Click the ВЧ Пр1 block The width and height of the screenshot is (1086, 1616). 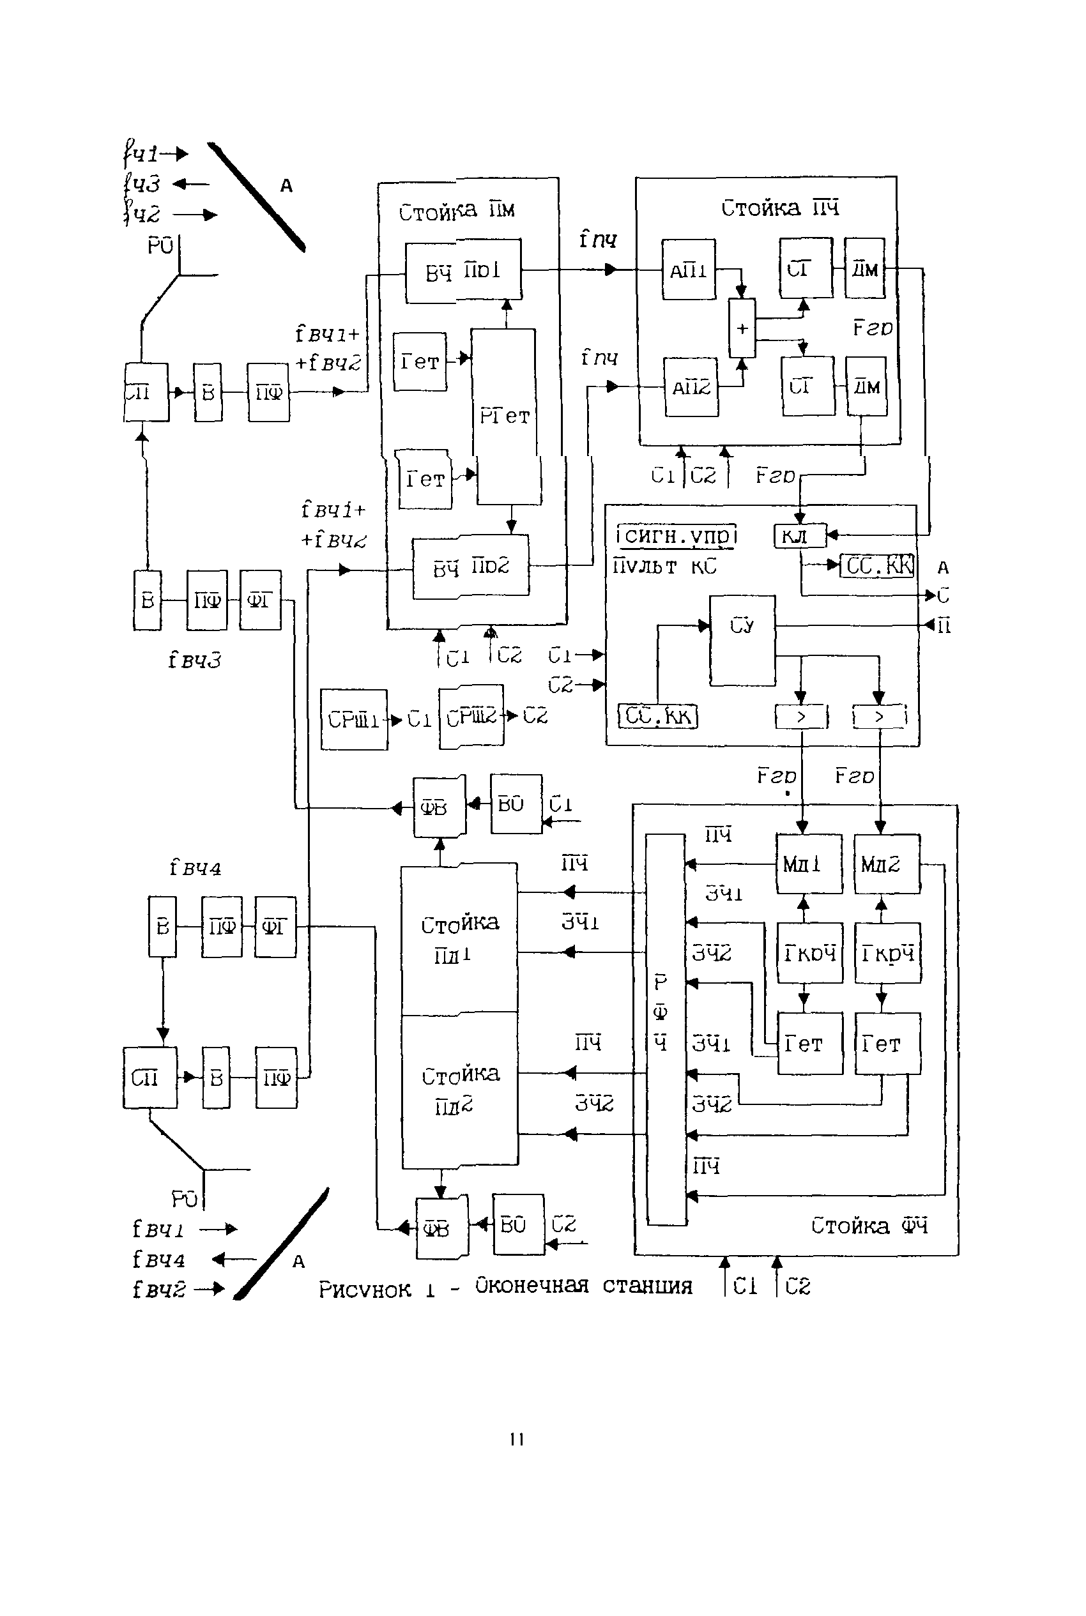coord(463,271)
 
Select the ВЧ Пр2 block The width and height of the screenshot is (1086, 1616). coord(471,567)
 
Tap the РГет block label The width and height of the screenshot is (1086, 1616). coord(504,416)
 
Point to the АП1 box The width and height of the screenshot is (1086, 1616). coord(689,270)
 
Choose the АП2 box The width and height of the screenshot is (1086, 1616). coord(691,387)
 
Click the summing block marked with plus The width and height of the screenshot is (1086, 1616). coord(742,328)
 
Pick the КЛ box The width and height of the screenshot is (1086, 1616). coord(799,536)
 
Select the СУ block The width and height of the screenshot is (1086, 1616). coord(742,640)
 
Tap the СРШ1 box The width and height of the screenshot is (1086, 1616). coord(354,720)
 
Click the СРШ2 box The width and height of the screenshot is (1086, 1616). coord(471,717)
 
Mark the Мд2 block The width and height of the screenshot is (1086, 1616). coord(887,864)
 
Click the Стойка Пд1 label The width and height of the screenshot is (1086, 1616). coord(459,939)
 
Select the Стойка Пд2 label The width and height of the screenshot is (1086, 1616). coord(460,1089)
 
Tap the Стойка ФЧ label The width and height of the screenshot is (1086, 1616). coord(869,1226)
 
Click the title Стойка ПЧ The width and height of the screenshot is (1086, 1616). coord(780,208)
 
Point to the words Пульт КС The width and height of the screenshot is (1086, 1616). coord(664,567)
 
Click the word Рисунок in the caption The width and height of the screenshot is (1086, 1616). coord(364,1289)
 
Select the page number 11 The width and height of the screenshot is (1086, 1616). coord(517,1440)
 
